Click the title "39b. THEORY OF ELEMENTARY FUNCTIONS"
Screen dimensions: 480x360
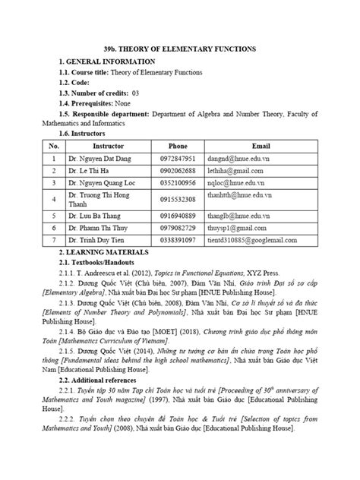pos(180,49)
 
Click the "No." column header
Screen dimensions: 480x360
pos(54,144)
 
